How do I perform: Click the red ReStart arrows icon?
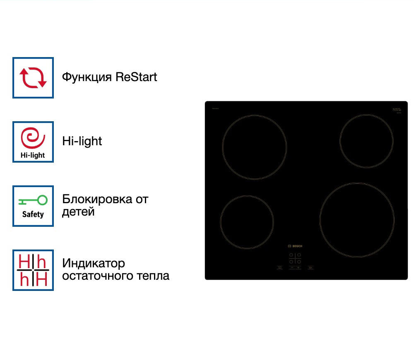(33, 78)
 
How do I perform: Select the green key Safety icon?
(33, 201)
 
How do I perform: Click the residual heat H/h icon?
(33, 270)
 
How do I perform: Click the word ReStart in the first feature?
(136, 77)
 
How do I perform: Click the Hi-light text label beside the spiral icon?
(82, 141)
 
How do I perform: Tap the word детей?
(78, 212)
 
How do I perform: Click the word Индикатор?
(94, 263)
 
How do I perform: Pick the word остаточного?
(92, 276)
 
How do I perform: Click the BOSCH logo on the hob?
(295, 246)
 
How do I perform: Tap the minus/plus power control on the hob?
(295, 268)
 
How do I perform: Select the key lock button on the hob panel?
(310, 268)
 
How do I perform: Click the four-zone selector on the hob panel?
(295, 258)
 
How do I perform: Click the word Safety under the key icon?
(33, 214)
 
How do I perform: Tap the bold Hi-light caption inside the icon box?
(33, 156)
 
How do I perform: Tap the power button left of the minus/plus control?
(279, 268)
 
